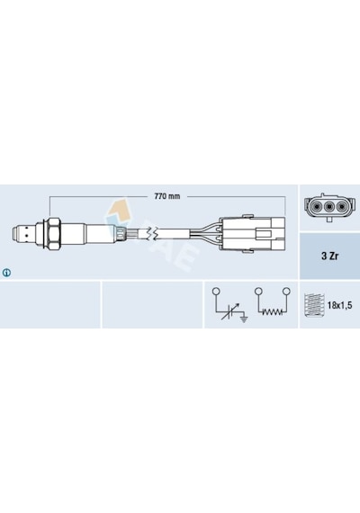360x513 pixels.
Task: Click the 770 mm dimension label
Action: pyautogui.click(x=166, y=196)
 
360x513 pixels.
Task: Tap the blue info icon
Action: pyautogui.click(x=6, y=272)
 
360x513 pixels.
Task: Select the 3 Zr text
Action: pyautogui.click(x=329, y=256)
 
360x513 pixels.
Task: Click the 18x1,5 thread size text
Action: pyautogui.click(x=339, y=305)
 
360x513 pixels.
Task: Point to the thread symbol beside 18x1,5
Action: pyautogui.click(x=313, y=305)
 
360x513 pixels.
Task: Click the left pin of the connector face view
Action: pyautogui.click(x=316, y=206)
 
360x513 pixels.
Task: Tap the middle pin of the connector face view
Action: pyautogui.click(x=329, y=206)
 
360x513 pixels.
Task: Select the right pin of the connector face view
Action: pyautogui.click(x=342, y=206)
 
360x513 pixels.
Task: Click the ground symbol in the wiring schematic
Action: pyautogui.click(x=244, y=319)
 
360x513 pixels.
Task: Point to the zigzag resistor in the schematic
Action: pyautogui.click(x=272, y=311)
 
